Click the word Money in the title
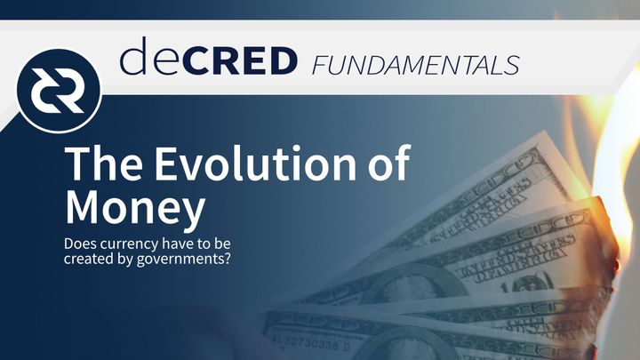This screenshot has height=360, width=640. tap(134, 207)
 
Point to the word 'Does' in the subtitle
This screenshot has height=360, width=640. tap(80, 243)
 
